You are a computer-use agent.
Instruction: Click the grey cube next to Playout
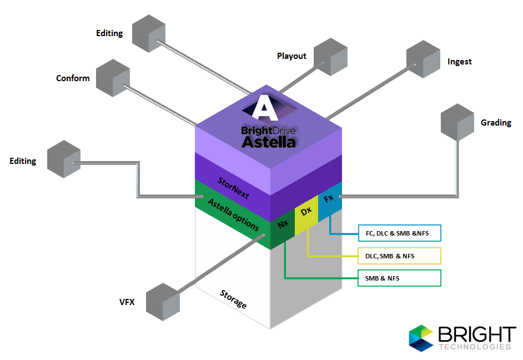click(330, 57)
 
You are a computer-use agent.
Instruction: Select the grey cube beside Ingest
click(423, 59)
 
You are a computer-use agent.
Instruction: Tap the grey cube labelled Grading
click(457, 122)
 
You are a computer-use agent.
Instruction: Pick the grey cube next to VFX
click(163, 302)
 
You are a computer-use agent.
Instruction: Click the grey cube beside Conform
click(113, 78)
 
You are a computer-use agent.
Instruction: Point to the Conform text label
click(73, 78)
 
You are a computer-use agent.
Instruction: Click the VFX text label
click(127, 302)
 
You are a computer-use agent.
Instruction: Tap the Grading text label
click(496, 123)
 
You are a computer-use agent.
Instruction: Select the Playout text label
click(291, 56)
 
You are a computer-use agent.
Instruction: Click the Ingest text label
click(460, 62)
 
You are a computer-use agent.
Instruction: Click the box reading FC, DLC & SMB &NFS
click(399, 233)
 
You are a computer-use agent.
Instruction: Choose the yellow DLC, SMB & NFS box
click(399, 256)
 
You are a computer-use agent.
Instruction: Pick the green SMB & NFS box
click(399, 278)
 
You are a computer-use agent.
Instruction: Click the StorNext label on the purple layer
click(233, 188)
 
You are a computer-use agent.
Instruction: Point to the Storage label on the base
click(233, 299)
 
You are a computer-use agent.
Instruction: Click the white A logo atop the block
click(264, 107)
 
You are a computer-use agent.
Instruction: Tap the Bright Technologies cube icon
click(421, 338)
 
